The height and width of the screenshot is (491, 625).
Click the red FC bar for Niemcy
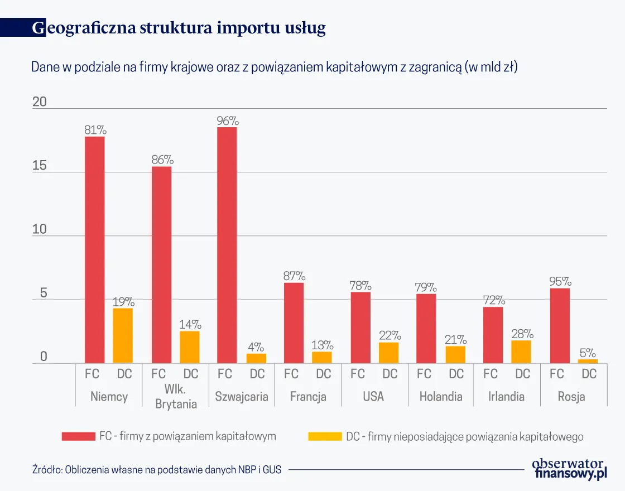tap(95, 250)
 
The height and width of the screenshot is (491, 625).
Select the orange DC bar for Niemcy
tap(123, 336)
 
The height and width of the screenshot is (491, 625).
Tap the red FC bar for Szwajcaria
tap(227, 245)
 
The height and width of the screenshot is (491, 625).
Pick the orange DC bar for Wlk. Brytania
tap(189, 347)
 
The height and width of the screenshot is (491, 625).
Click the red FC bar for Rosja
tap(560, 326)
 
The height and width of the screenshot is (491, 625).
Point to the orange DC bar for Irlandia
tap(522, 352)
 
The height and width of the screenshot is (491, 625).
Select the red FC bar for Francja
tap(294, 323)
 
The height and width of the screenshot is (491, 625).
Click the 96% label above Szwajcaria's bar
tap(227, 121)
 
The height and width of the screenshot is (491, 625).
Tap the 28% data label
tap(522, 334)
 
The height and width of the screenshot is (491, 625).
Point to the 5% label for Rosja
tap(588, 353)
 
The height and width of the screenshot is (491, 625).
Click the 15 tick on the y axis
tap(39, 166)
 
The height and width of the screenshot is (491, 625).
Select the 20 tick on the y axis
tap(39, 102)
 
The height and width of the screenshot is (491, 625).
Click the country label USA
tap(373, 397)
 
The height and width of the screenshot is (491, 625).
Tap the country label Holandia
tap(441, 397)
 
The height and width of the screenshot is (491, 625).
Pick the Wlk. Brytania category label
tap(176, 397)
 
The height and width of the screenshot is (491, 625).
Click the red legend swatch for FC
tap(78, 436)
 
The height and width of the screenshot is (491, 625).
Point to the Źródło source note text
tap(156, 470)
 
